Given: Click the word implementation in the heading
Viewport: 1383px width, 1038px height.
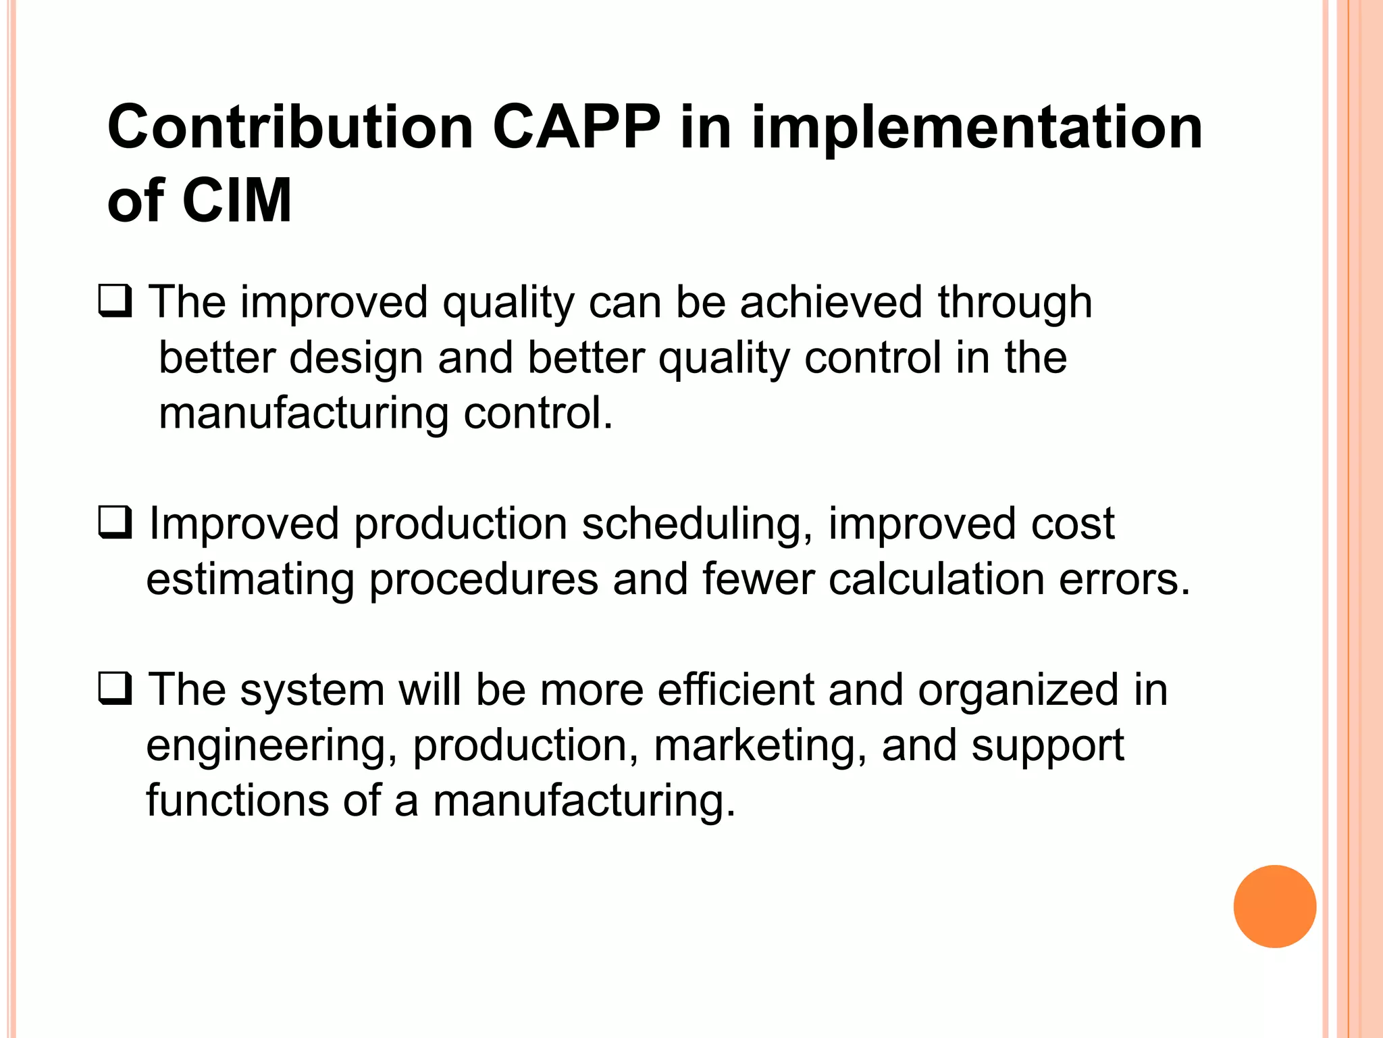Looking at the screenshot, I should click(x=976, y=128).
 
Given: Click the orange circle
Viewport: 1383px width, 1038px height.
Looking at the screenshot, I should click(x=1274, y=906).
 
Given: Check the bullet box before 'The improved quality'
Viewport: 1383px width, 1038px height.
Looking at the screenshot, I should click(x=115, y=301).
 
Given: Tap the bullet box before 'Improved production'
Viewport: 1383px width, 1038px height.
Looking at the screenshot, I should click(x=115, y=523).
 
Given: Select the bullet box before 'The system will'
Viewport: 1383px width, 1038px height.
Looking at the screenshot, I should click(x=115, y=689).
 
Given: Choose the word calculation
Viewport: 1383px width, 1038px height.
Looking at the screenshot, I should click(x=937, y=580).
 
